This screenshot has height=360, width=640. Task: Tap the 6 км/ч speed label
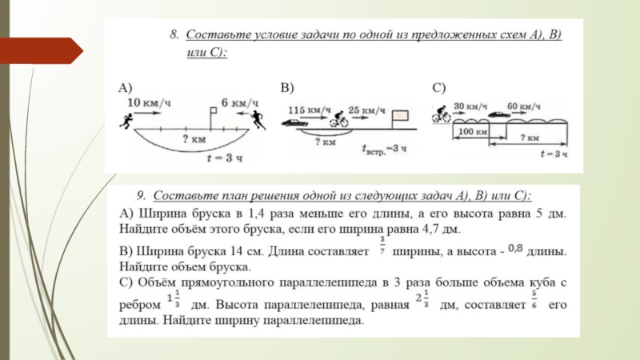(239, 102)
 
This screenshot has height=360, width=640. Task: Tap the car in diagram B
(294, 123)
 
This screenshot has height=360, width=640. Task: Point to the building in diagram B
(400, 118)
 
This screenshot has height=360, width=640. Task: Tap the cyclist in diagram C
(441, 115)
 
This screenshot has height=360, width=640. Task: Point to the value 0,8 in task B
(518, 249)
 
